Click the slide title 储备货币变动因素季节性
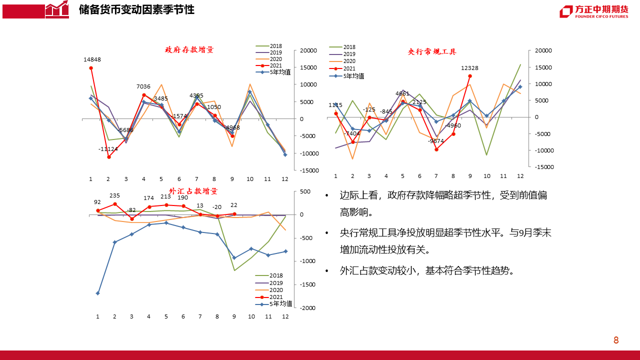pos(136,9)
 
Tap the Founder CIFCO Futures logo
pos(593,11)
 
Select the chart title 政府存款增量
pos(189,50)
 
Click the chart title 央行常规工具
pos(432,51)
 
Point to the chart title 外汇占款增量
pos(193,191)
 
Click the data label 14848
pos(92,59)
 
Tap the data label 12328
pos(470,68)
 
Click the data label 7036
pos(143,86)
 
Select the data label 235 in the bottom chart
pos(114,195)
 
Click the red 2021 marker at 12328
pos(470,76)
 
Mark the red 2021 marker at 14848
pos(91,68)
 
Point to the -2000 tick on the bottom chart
pos(308,308)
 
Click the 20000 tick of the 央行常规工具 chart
pos(543,50)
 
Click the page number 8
pos(616,340)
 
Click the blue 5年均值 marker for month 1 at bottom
pos(97,293)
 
